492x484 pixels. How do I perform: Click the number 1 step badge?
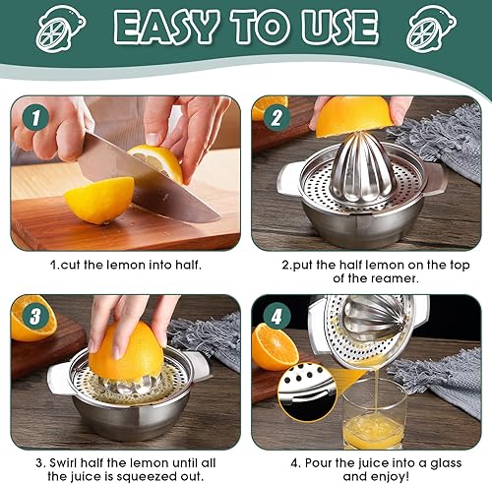tap(35, 117)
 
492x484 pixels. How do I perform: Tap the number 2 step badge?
tap(277, 117)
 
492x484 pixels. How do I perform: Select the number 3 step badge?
tap(35, 316)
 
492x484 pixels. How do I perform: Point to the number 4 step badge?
tap(277, 316)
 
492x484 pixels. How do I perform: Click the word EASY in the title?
tap(166, 27)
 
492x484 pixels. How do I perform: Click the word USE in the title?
tap(340, 27)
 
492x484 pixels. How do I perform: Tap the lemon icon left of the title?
tap(61, 29)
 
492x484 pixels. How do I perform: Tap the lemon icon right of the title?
tap(431, 29)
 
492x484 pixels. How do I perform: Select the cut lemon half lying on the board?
tap(99, 199)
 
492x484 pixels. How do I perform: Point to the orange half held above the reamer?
tap(353, 115)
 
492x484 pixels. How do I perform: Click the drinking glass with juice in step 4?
tap(375, 414)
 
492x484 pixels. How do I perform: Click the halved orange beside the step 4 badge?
tap(275, 347)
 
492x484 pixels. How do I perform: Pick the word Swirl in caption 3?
tap(64, 463)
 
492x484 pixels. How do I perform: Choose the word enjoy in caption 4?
tap(391, 476)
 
